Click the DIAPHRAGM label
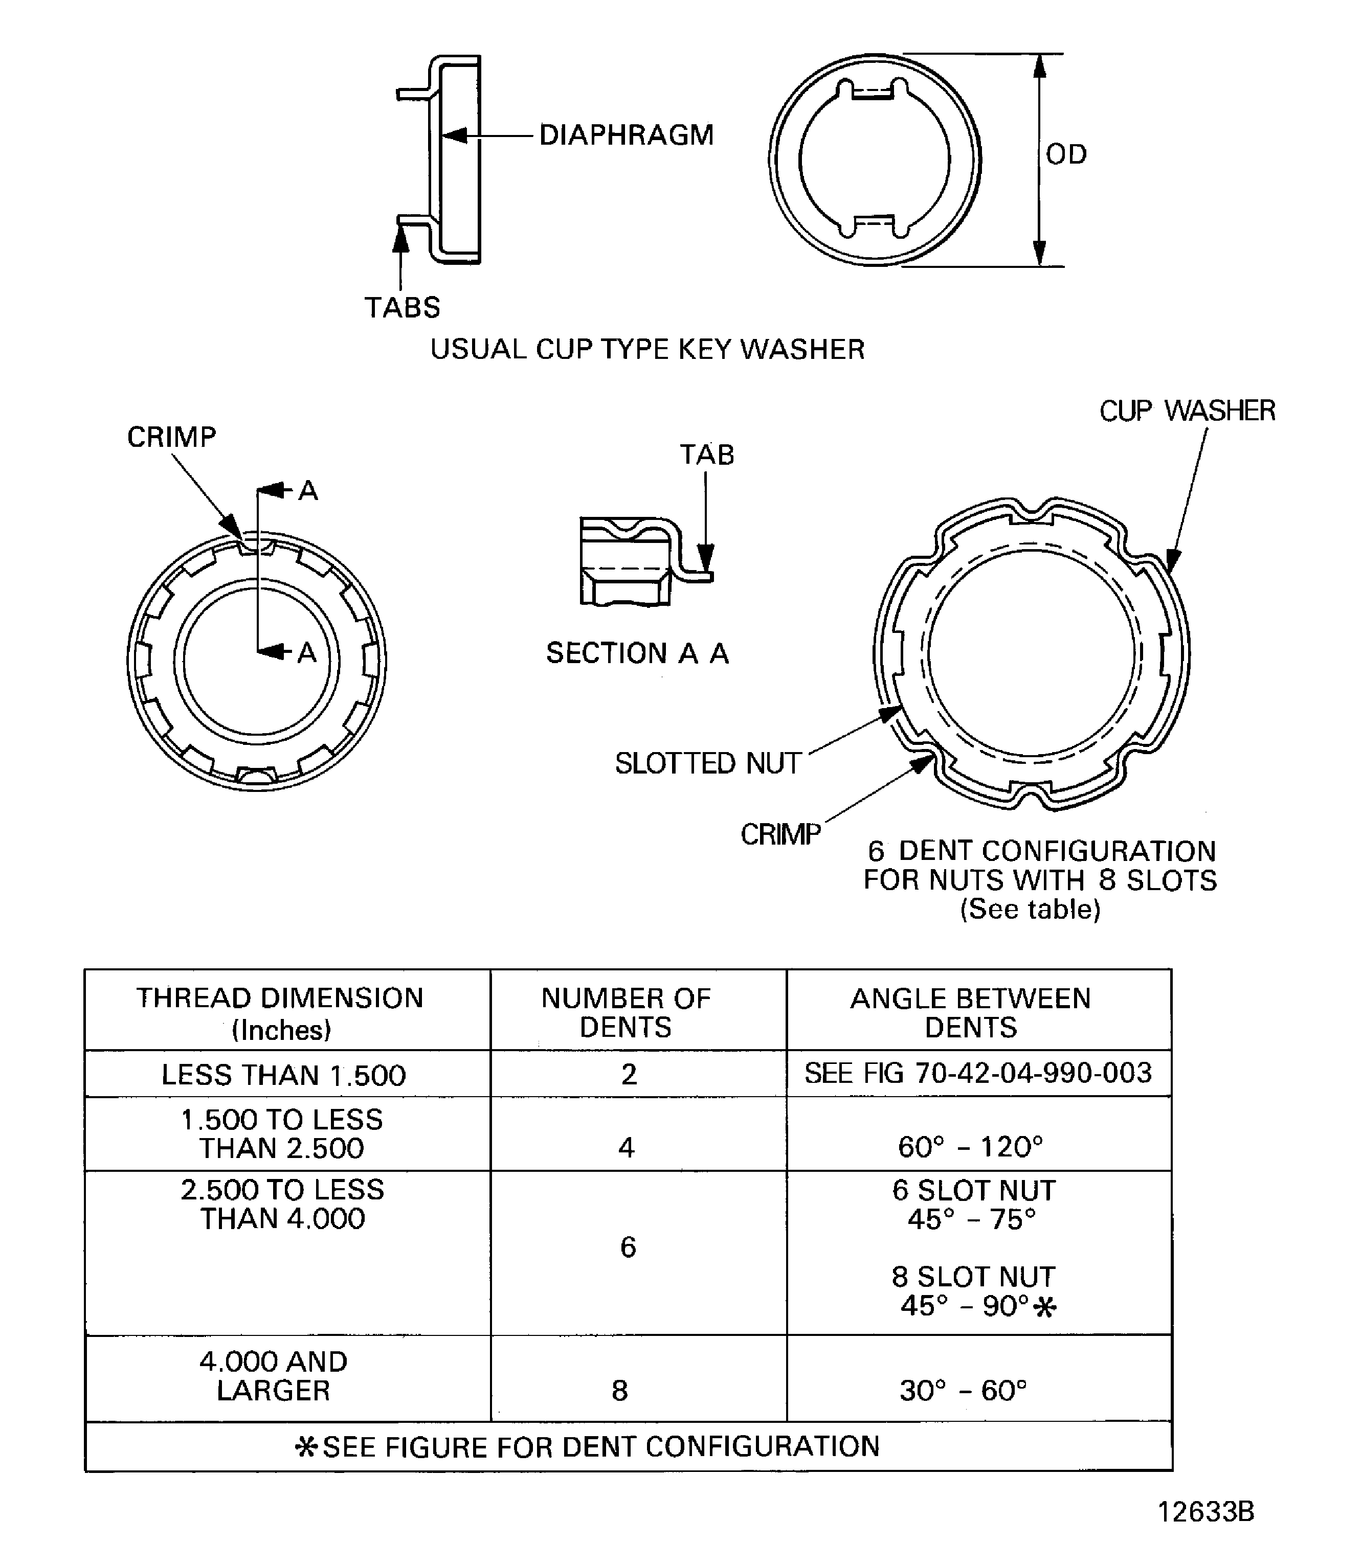tap(627, 135)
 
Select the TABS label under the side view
tap(402, 308)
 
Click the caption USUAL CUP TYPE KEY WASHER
tap(647, 350)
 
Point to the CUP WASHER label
tap(1187, 411)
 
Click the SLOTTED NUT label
tap(708, 764)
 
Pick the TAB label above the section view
tap(707, 455)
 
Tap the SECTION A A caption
tap(637, 653)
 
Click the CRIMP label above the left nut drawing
tap(172, 438)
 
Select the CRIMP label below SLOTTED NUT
tap(780, 835)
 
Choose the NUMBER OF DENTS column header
tap(626, 1013)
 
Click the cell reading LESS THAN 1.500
tap(283, 1075)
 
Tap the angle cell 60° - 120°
tap(970, 1147)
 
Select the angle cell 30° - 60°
tap(963, 1391)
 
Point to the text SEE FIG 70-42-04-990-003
tap(977, 1073)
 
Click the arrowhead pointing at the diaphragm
tap(454, 136)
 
